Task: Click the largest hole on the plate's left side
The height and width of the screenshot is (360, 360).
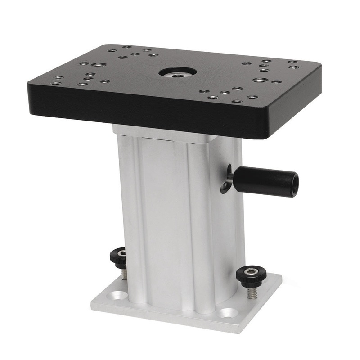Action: (x=99, y=66)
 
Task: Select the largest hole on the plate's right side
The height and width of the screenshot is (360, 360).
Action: (x=260, y=81)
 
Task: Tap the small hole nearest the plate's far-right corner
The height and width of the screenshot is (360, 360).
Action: (x=292, y=62)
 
